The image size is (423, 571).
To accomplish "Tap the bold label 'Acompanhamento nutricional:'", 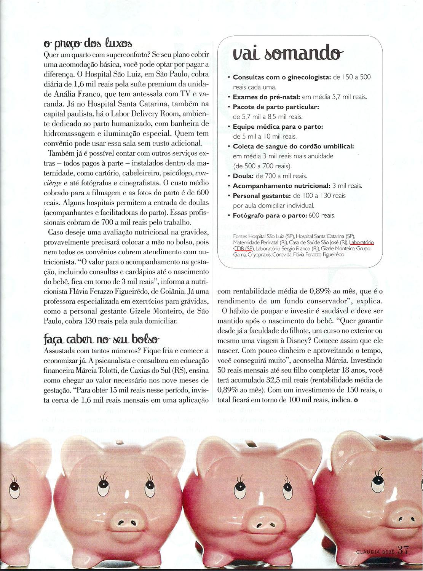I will (281, 186).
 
